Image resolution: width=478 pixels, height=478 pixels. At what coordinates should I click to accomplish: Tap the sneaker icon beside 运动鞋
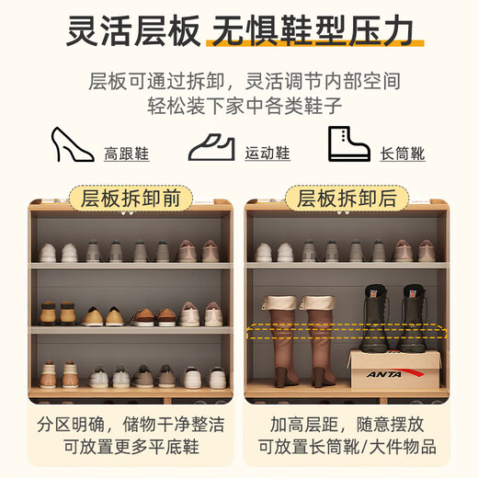(x=212, y=146)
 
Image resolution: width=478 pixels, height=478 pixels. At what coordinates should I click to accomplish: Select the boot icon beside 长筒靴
(x=348, y=144)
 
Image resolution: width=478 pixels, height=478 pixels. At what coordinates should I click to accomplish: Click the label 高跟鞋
(x=126, y=154)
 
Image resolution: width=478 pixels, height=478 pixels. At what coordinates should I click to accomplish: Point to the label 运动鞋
(x=267, y=154)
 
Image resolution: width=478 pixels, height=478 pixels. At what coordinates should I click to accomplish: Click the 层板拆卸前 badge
(x=131, y=198)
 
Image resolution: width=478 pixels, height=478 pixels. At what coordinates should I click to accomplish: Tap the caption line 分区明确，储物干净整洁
(x=131, y=426)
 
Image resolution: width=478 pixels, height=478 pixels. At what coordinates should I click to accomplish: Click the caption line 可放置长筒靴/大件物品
(x=346, y=449)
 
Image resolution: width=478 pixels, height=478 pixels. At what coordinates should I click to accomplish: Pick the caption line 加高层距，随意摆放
(x=346, y=426)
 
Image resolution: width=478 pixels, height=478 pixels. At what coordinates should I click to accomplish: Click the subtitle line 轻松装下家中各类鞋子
(x=239, y=104)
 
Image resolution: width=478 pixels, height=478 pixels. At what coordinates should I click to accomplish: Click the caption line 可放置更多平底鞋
(x=131, y=449)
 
